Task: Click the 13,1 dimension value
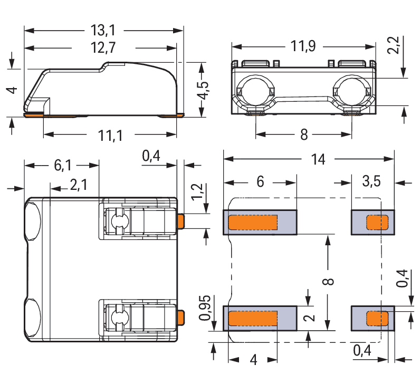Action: click(103, 30)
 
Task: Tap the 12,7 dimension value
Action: click(103, 47)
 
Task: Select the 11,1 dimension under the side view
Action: click(110, 136)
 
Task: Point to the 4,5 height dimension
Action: click(204, 90)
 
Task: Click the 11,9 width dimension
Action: click(303, 46)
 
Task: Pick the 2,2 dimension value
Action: click(393, 45)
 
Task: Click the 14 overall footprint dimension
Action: click(318, 159)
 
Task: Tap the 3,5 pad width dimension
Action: click(371, 181)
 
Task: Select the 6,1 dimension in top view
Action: click(63, 165)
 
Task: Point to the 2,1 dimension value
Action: click(79, 185)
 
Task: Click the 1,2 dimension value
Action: click(197, 191)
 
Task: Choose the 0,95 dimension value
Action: click(205, 308)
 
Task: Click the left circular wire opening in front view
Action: click(256, 91)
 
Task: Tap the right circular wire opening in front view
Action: click(352, 91)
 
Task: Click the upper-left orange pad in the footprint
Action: click(253, 223)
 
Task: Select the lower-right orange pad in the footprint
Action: click(377, 319)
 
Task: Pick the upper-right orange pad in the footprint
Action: click(377, 223)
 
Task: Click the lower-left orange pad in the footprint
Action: click(253, 319)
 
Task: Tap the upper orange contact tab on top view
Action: click(181, 222)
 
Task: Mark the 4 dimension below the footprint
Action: click(253, 360)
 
